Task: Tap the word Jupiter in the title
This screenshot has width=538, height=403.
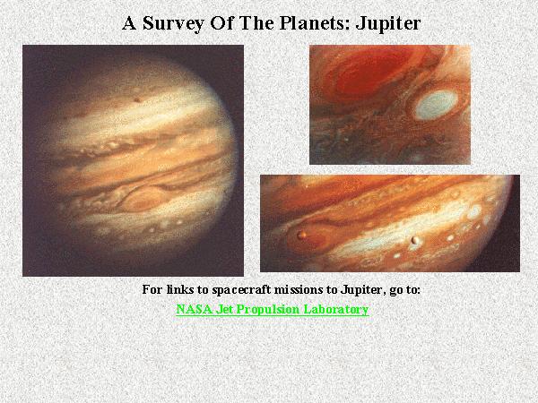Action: tap(388, 24)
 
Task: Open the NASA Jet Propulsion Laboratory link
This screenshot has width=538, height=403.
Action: tap(273, 309)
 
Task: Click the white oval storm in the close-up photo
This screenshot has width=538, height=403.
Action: tap(436, 105)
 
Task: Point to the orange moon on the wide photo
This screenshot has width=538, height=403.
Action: tap(302, 235)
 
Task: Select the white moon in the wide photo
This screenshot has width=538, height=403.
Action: tap(415, 239)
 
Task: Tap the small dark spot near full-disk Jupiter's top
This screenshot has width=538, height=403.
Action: tap(137, 99)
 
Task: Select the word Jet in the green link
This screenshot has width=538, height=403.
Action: tap(225, 309)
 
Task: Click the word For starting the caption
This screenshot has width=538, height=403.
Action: tap(152, 289)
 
